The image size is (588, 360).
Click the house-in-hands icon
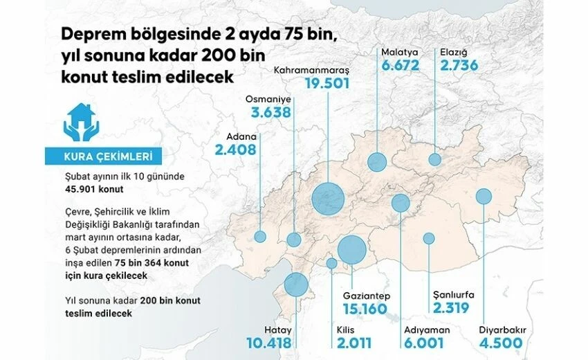coord(81,122)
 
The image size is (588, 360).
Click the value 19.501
coord(327,84)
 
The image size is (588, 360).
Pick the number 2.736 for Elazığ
coord(459,66)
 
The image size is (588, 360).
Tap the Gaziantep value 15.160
coord(365,309)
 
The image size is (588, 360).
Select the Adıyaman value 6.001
coord(422,343)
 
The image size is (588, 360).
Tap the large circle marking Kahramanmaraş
coord(327,199)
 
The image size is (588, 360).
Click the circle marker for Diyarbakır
coord(484,197)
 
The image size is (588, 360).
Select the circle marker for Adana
coord(260,236)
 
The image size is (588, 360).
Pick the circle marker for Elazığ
coord(434,159)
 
